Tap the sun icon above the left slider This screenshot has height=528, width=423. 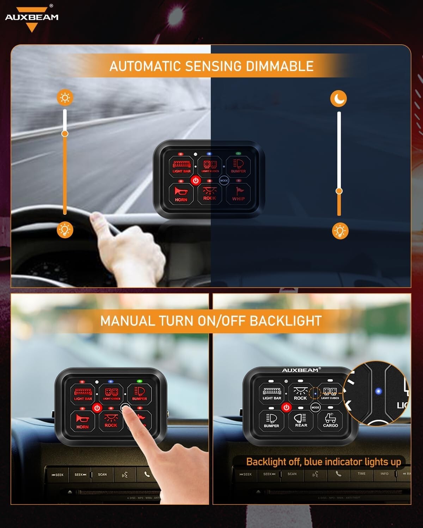65,98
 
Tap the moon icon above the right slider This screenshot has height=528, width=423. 338,98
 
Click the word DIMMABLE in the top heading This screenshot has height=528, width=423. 279,66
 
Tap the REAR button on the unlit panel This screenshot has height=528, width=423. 301,420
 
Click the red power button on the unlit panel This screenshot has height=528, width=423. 286,407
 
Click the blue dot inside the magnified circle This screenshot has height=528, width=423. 379,391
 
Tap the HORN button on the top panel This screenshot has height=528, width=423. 181,194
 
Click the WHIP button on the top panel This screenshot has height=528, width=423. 238,194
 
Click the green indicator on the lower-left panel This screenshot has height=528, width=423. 139,381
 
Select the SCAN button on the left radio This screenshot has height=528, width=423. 102,474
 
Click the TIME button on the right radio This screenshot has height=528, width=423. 361,474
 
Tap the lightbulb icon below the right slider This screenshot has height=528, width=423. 340,231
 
